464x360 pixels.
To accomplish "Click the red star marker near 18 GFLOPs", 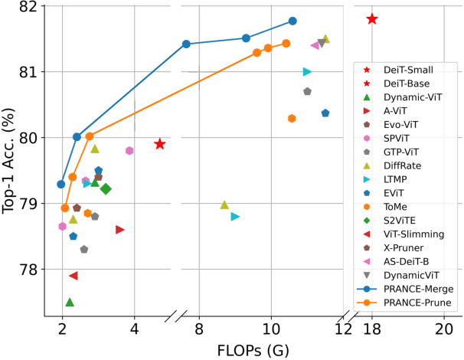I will [372, 18].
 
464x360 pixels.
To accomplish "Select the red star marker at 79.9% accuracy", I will [159, 144].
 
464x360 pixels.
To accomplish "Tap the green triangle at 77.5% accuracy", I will [70, 303].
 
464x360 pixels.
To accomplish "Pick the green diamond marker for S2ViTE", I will [106, 189].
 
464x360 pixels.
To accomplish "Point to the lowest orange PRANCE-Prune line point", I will [65, 208].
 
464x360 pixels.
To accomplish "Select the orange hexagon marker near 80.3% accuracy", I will [292, 118].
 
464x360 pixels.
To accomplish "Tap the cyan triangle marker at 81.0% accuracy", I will [307, 72].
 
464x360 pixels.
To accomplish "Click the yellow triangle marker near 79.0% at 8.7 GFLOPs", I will [224, 205].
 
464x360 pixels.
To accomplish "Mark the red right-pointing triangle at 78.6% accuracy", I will [120, 230].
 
